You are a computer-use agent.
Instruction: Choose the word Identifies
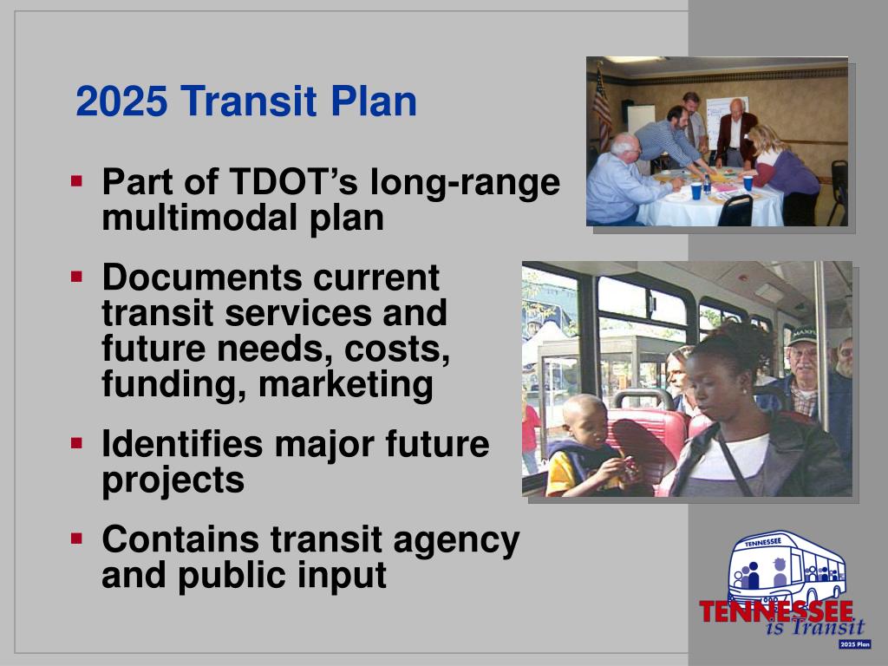(x=182, y=445)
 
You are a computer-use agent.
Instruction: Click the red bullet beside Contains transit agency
(x=77, y=539)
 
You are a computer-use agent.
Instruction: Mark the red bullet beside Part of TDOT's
(x=77, y=181)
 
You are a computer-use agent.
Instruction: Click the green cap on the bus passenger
(x=803, y=333)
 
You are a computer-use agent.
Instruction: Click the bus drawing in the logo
(x=786, y=567)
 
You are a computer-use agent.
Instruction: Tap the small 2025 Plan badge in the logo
(x=854, y=644)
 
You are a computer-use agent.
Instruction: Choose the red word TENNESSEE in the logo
(x=776, y=610)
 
